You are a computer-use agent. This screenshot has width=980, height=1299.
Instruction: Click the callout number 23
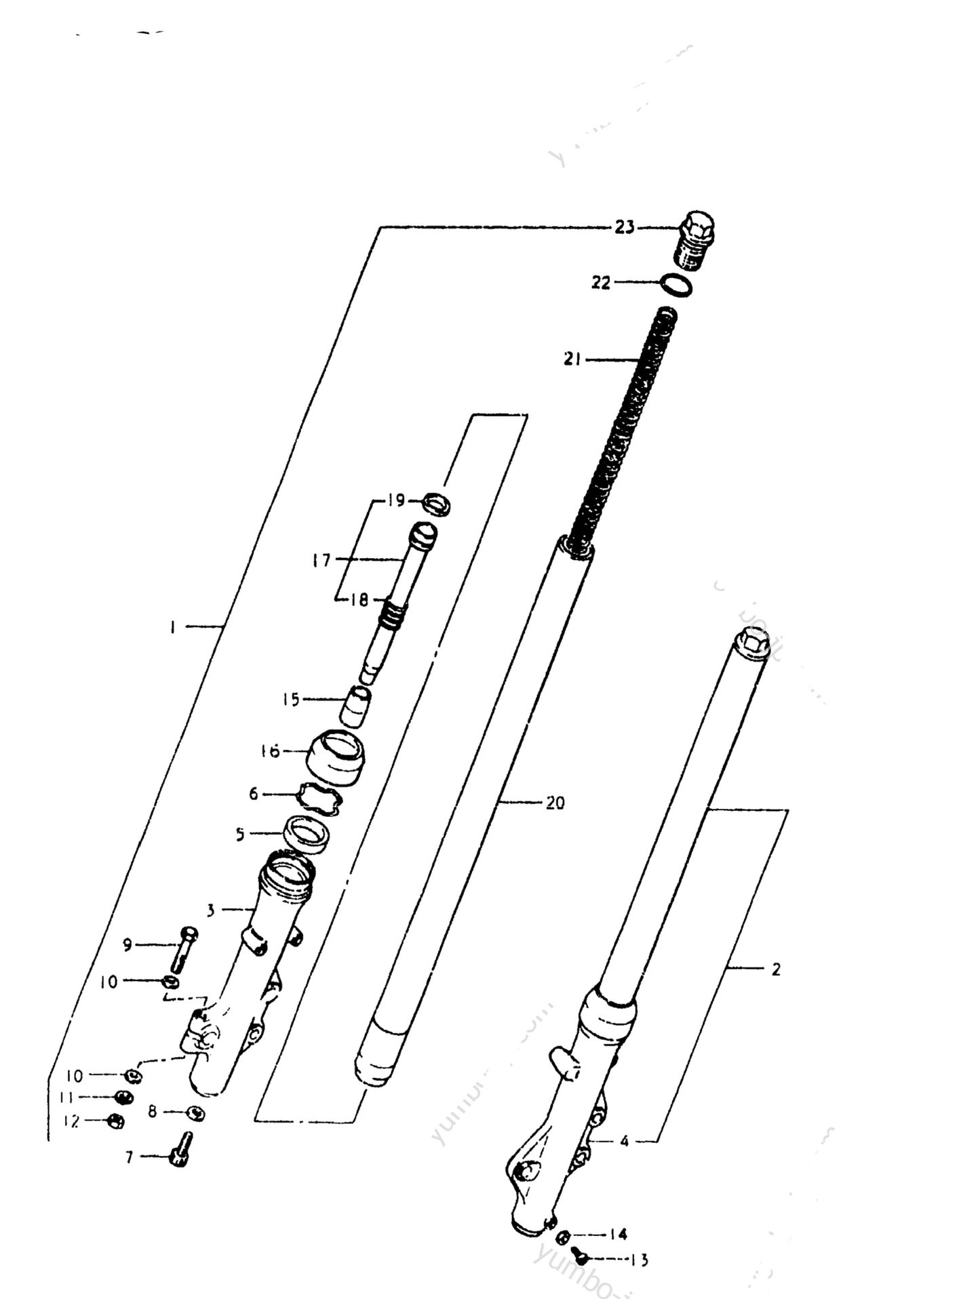click(624, 227)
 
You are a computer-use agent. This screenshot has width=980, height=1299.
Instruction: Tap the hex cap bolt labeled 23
click(695, 239)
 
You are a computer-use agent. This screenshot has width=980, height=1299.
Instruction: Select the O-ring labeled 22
click(676, 285)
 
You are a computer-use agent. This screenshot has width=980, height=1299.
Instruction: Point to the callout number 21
click(572, 359)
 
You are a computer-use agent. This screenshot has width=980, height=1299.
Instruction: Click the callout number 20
click(555, 803)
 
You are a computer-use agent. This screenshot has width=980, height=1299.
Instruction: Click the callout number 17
click(321, 560)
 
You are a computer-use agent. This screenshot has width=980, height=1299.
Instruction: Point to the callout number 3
click(211, 910)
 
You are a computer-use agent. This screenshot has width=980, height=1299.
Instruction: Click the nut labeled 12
click(115, 1141)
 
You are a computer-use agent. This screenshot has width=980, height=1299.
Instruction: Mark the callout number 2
click(776, 970)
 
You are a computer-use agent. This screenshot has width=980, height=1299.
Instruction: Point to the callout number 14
click(618, 1235)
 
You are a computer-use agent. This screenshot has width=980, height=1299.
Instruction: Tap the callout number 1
click(173, 627)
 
